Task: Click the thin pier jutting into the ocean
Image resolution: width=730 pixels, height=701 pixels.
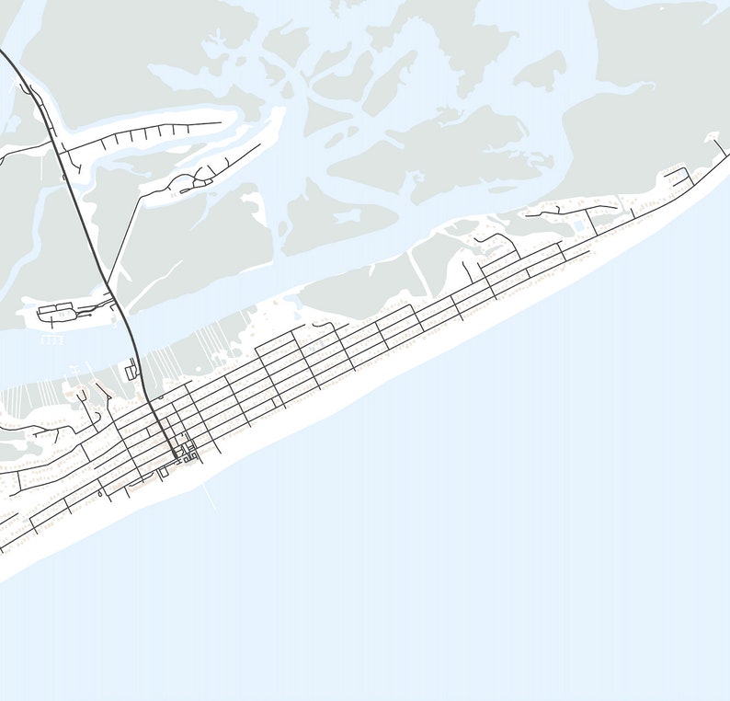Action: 210,498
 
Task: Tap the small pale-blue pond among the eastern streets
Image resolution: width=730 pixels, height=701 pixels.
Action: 578,225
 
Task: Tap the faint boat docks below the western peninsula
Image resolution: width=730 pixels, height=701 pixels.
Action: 53,339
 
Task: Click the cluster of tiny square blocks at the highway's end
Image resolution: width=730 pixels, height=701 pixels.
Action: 188,453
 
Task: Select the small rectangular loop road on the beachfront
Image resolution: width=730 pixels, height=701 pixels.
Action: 164,472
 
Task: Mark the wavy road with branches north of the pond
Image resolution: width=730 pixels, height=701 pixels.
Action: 552,211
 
